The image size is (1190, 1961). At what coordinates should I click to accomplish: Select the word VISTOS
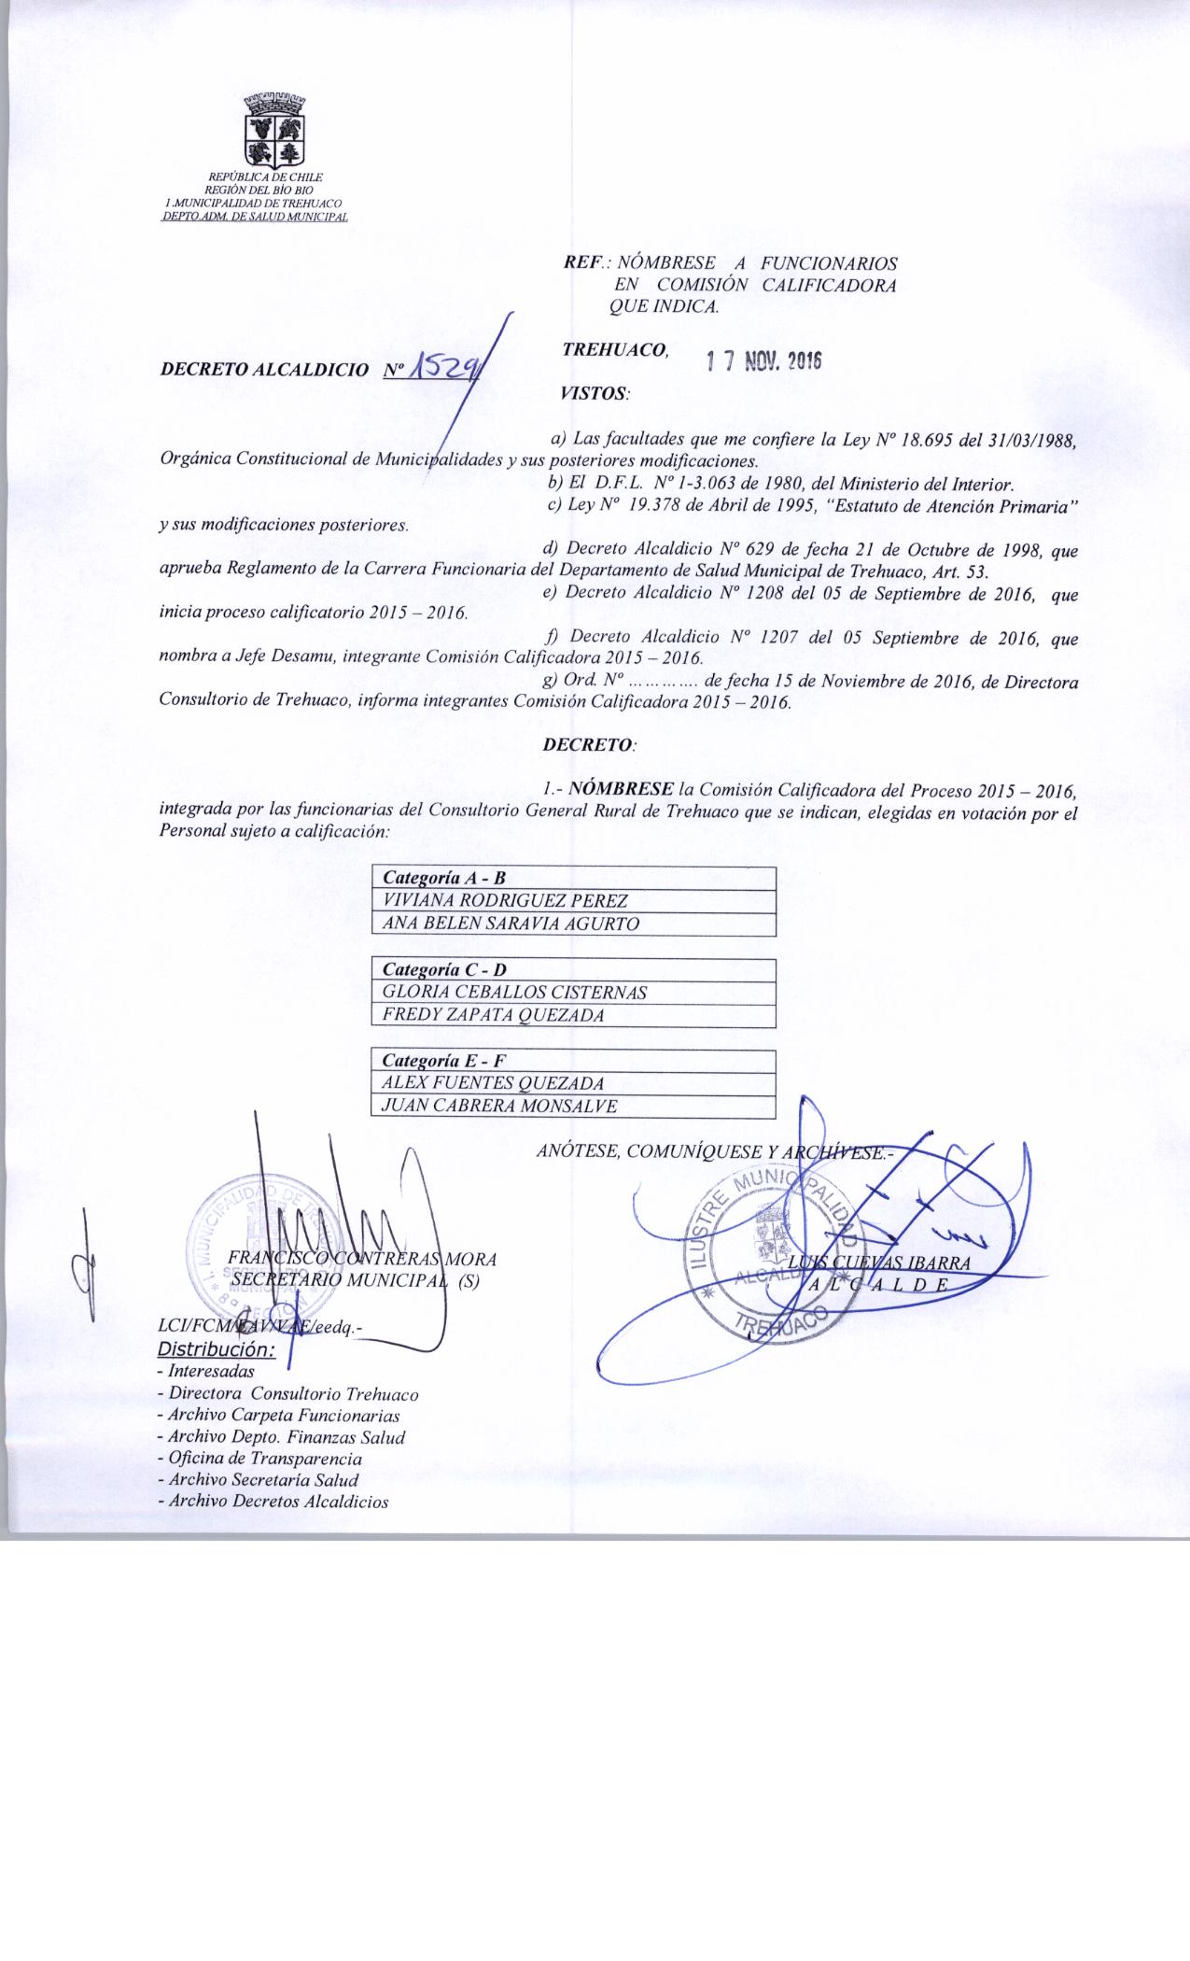(594, 394)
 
